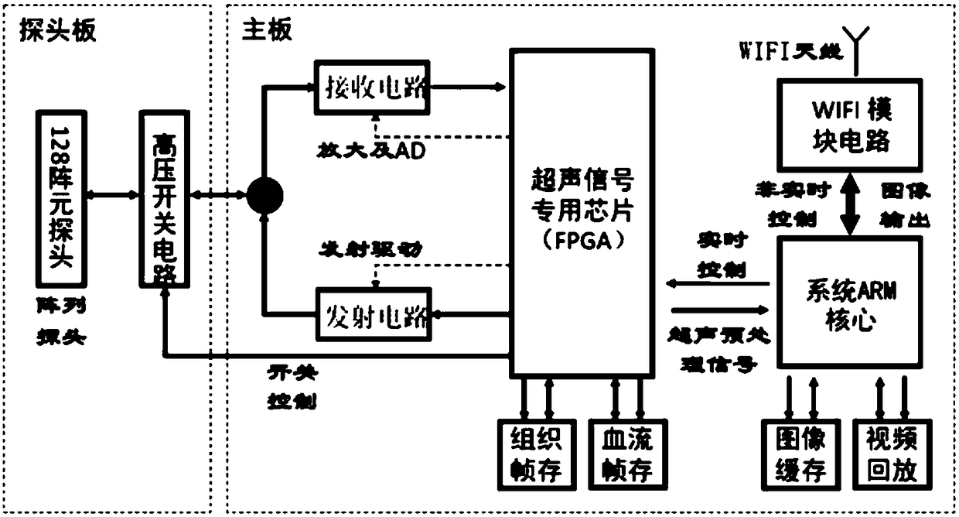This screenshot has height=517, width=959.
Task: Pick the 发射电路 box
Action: (x=372, y=314)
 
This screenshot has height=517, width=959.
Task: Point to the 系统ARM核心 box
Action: (x=850, y=303)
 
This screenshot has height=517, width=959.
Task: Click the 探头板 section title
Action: (x=57, y=30)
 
